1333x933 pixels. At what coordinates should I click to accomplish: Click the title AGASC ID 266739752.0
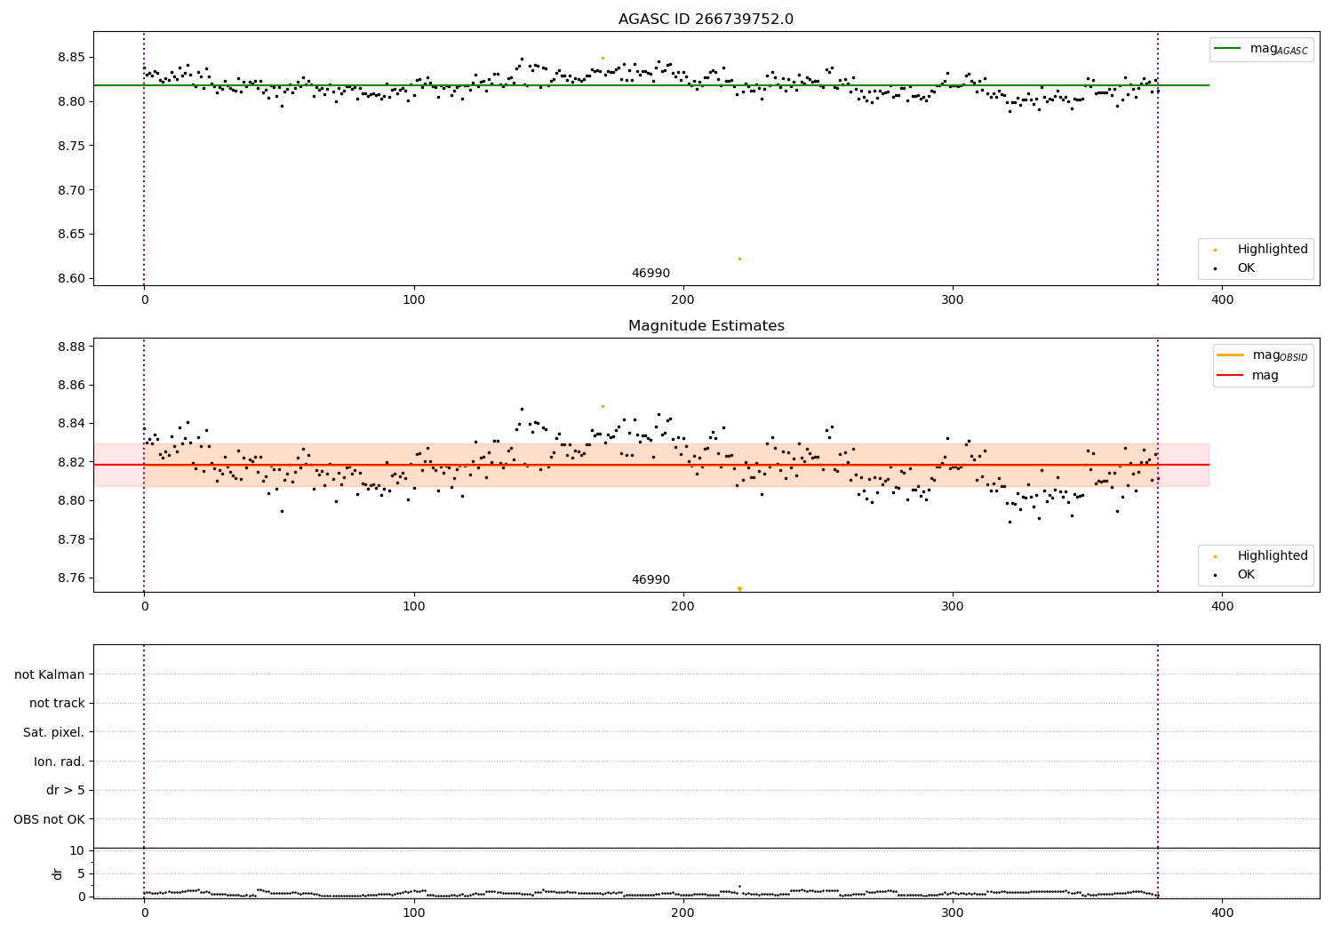706,20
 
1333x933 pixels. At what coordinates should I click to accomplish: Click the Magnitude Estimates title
706,326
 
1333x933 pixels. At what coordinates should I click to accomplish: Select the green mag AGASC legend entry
1261,49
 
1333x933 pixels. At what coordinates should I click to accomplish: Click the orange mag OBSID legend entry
1263,355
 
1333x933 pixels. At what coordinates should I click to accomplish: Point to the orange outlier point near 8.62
739,259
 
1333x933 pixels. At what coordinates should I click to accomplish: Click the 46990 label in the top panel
651,274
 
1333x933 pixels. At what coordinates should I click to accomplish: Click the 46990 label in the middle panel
651,580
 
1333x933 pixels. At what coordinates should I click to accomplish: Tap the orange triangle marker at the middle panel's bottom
739,588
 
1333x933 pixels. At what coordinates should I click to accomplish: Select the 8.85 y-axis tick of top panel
71,58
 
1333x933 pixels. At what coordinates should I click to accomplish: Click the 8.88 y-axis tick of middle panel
71,347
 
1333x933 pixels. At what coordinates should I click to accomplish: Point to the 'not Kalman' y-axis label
50,674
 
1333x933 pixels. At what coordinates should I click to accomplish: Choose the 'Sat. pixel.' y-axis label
54,732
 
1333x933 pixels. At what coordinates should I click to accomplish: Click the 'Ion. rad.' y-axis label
60,762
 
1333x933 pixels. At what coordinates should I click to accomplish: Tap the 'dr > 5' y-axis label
66,790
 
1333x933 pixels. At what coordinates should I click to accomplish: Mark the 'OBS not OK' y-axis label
50,819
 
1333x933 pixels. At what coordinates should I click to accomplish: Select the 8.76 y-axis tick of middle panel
71,578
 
